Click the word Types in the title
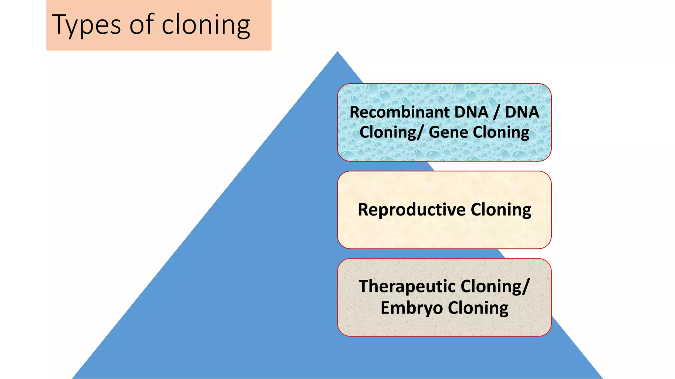[x=86, y=25]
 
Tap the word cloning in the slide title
[x=206, y=25]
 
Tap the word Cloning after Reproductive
[x=501, y=210]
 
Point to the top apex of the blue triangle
[x=337, y=53]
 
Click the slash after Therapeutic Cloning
[x=527, y=286]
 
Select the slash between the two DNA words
[x=496, y=112]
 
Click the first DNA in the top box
[x=472, y=112]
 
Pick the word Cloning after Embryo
[x=478, y=308]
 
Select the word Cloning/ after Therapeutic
[x=494, y=286]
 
